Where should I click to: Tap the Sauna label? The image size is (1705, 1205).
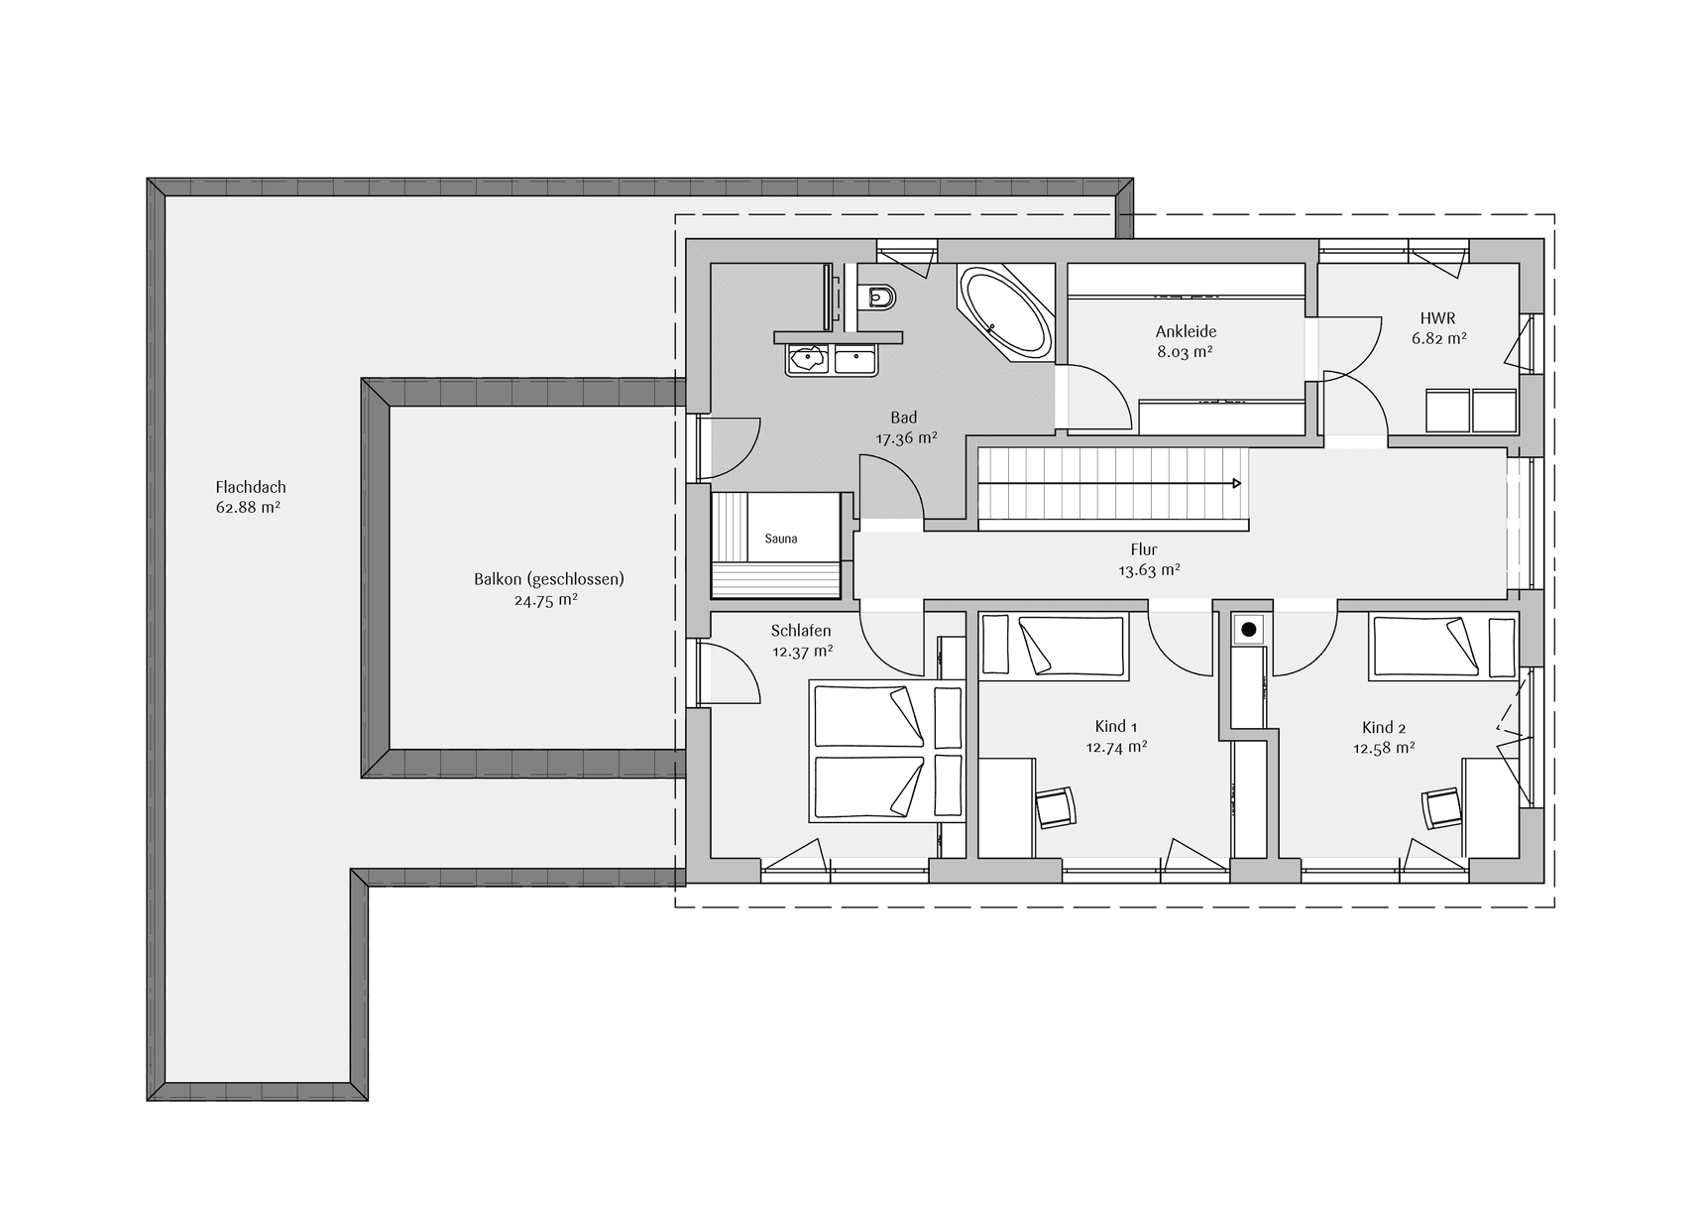(781, 540)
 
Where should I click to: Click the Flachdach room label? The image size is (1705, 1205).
(251, 487)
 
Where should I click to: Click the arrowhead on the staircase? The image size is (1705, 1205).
(1237, 484)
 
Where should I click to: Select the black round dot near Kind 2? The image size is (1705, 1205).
(1249, 630)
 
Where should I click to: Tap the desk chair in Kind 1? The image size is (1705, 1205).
(1055, 806)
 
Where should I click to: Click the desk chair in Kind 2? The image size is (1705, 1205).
(1442, 807)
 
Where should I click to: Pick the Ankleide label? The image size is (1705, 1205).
(1186, 331)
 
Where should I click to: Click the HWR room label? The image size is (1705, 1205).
(1437, 318)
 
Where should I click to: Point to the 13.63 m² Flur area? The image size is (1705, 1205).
(1149, 570)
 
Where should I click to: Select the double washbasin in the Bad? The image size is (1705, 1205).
(832, 359)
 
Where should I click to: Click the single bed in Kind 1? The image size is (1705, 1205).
(1054, 647)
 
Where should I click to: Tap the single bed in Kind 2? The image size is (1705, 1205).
(1443, 647)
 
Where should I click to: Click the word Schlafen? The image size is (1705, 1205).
(801, 631)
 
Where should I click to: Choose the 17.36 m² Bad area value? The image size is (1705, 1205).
(906, 437)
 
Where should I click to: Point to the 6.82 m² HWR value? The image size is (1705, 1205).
(1439, 338)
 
